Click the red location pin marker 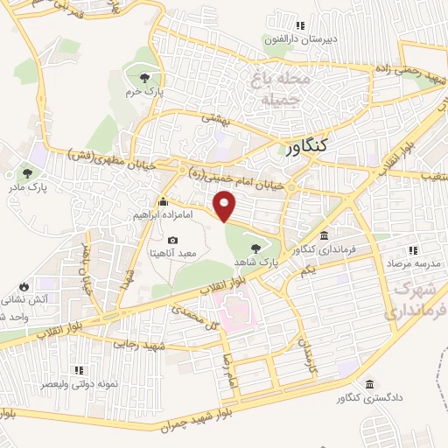click(x=226, y=206)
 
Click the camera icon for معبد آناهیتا click(x=172, y=241)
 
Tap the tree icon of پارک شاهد click(x=255, y=248)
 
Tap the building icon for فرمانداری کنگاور click(x=325, y=236)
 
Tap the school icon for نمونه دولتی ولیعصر click(x=79, y=370)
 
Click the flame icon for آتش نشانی click(x=23, y=286)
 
